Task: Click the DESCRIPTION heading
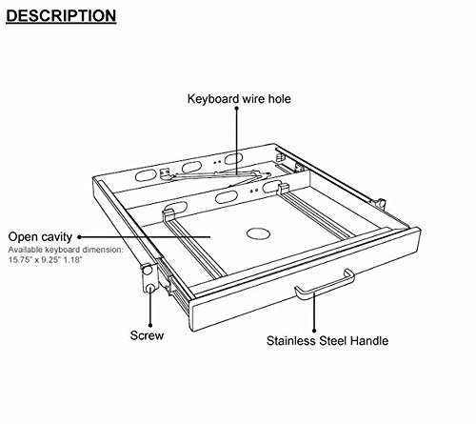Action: click(x=61, y=16)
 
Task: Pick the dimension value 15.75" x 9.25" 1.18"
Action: click(x=54, y=258)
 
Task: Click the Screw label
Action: click(x=148, y=336)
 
